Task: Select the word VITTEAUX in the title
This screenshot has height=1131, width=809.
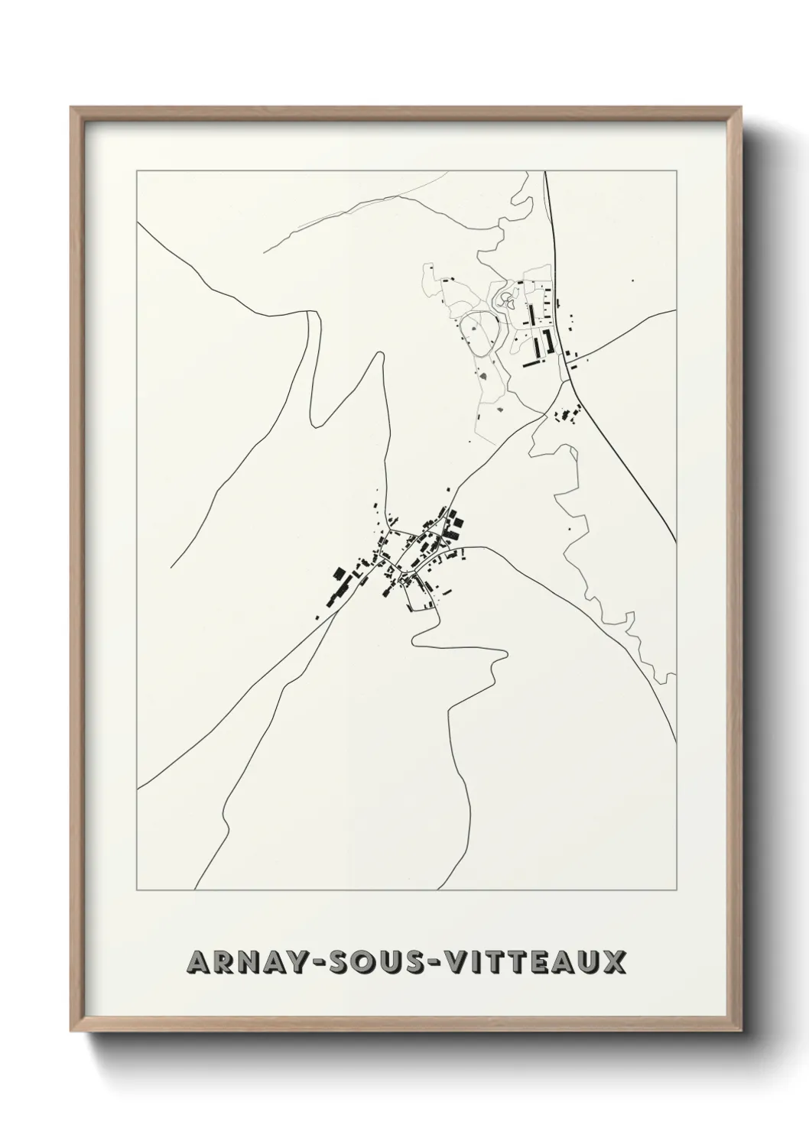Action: click(x=536, y=963)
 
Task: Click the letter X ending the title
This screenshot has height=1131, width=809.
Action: click(x=613, y=963)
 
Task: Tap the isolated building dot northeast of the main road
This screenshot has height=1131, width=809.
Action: click(x=632, y=280)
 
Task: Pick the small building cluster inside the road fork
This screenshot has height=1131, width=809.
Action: click(x=567, y=416)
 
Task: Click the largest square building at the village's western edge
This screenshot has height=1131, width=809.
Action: click(x=338, y=574)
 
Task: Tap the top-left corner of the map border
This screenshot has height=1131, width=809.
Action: click(x=137, y=170)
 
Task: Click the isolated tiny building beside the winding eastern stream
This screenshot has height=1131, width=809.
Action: click(x=569, y=528)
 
